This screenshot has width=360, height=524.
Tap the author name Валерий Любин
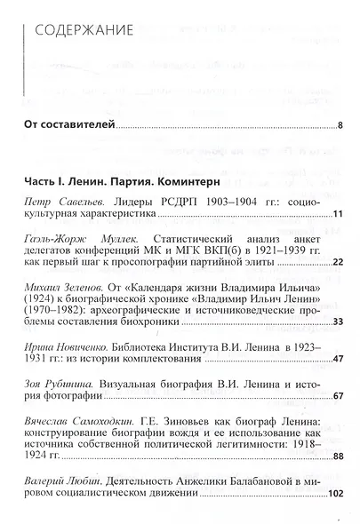click(59, 479)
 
